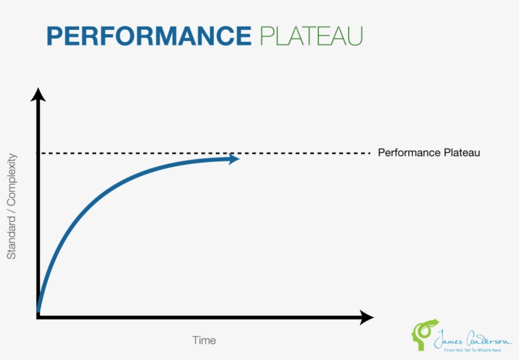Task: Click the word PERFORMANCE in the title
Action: click(149, 35)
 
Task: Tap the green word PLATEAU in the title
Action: click(311, 35)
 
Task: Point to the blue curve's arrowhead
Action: click(234, 159)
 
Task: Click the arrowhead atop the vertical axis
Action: click(39, 96)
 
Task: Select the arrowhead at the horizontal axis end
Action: click(366, 317)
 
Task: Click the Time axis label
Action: click(204, 340)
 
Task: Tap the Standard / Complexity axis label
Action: click(11, 207)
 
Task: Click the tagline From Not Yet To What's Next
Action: click(472, 349)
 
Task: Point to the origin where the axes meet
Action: click(39, 316)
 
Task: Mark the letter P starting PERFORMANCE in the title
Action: click(54, 35)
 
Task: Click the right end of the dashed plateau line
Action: click(368, 152)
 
